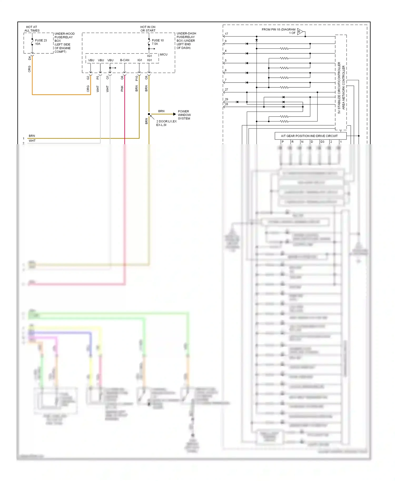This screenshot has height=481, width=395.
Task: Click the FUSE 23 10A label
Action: pos(41,42)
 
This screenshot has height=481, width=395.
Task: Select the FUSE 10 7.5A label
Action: pos(157,42)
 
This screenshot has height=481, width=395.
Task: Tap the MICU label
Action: pos(164,54)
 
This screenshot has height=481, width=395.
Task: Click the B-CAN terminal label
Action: pos(125,60)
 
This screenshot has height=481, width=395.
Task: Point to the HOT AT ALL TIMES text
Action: pos(32,29)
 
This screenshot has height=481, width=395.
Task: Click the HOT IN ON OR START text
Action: pos(148,29)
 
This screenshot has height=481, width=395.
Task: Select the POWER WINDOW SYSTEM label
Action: pos(184,115)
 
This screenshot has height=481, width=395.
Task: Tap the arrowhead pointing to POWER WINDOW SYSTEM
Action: pos(174,114)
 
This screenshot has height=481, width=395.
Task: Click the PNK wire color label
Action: pos(122,89)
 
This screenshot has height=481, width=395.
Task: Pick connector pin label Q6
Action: pos(122,78)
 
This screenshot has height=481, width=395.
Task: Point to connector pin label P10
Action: pos(137,78)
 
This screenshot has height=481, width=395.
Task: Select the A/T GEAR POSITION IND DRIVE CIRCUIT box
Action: pos(310,136)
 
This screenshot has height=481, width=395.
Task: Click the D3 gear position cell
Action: pos(322,142)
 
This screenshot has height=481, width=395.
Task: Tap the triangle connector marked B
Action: pos(300,32)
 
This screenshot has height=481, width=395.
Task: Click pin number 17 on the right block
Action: pos(226,34)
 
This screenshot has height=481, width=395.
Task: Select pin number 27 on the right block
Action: pos(226,90)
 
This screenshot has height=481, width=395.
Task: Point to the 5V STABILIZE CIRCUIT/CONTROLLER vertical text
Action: pos(339,88)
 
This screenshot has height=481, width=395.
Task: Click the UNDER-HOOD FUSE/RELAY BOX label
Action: pos(64,43)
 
